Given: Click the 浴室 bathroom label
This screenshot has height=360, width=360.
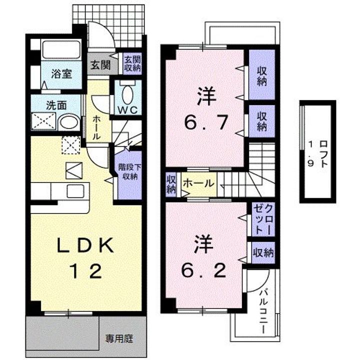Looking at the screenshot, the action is (61, 73).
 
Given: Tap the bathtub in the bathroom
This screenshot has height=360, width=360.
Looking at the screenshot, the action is (61, 49).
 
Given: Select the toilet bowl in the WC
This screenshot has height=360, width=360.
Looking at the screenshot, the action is (127, 95).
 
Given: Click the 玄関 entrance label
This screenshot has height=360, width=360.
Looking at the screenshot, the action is (100, 65).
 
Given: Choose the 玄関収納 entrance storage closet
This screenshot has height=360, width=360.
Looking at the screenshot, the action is (132, 64).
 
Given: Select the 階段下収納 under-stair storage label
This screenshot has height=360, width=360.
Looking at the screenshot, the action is (129, 171).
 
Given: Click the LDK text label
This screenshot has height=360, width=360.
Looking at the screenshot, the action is (85, 245).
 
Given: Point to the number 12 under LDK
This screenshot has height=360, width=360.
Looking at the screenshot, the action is (85, 271).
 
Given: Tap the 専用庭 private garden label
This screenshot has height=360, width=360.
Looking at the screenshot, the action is (119, 338).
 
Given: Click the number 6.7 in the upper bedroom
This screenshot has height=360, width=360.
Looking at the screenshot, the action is (205, 122).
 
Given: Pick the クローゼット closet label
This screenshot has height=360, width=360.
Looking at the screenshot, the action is (263, 219).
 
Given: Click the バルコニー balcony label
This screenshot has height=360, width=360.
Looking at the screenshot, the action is (264, 311).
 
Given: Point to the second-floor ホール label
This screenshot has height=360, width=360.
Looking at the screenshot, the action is (199, 183).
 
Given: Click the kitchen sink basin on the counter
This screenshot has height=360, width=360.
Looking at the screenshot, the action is (75, 191).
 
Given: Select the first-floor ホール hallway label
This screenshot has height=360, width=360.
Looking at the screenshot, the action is (96, 127).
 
